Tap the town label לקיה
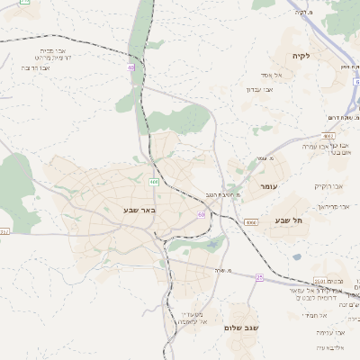pos(301,56)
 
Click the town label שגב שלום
pos(241,328)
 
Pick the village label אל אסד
pos(272,75)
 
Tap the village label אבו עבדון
pos(258,89)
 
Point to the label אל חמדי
pos(312,315)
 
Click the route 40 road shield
pos(131,67)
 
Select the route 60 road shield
pos(201,214)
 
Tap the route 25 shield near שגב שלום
pos(259,276)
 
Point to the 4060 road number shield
pos(251,221)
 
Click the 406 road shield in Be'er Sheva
pos(154,182)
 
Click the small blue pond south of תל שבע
pos(297,256)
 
